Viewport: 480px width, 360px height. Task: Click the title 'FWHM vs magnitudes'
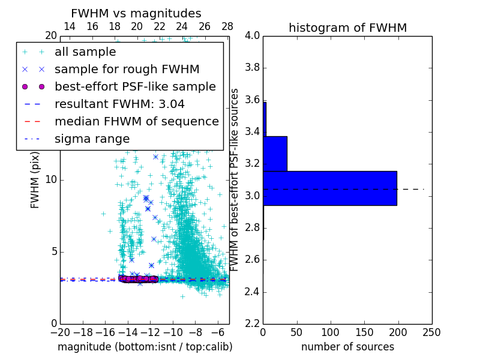point(136,13)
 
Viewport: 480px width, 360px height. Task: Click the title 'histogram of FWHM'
point(347,28)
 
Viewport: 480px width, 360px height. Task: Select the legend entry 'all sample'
point(85,52)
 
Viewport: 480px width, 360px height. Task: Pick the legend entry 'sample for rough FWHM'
point(127,69)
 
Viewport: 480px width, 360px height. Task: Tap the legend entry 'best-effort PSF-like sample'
point(135,86)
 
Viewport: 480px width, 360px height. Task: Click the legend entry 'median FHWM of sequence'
point(136,121)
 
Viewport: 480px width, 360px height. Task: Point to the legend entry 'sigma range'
point(92,139)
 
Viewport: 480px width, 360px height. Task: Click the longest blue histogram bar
point(329,188)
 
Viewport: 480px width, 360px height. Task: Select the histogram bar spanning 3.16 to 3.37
point(275,154)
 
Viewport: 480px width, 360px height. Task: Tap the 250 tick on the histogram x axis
point(431,332)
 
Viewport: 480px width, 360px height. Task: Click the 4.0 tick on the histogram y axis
point(253,35)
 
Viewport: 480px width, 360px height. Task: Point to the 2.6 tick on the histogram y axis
point(253,260)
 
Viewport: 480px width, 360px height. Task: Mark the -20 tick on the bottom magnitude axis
point(60,332)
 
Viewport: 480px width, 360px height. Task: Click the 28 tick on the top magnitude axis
point(227,26)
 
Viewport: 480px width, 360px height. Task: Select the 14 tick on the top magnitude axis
point(70,26)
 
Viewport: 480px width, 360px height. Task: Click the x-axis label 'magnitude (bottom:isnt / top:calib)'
point(145,347)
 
